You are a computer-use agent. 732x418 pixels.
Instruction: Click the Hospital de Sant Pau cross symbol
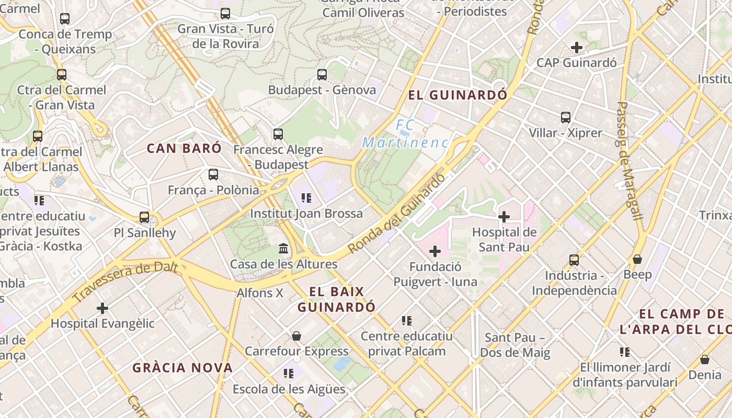504,216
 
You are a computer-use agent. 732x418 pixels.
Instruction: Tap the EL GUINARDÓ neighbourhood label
458,95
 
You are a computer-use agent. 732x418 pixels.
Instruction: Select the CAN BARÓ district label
184,148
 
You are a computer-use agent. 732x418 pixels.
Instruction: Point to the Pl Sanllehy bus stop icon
144,217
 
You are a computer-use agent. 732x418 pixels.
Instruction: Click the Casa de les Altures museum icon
283,248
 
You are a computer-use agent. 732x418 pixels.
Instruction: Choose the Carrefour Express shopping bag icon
296,335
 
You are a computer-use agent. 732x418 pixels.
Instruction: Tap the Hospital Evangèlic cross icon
102,308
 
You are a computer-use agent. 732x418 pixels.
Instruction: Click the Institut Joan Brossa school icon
306,198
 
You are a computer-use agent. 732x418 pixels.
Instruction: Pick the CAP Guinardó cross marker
577,48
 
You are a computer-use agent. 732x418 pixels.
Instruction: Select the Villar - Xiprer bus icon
565,118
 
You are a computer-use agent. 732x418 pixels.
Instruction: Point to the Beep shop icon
637,259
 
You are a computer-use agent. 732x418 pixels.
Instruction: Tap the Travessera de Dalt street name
125,282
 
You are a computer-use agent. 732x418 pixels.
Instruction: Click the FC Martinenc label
405,134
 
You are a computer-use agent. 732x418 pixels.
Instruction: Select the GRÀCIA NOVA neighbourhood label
182,368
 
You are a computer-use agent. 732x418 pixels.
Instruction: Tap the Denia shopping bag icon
705,359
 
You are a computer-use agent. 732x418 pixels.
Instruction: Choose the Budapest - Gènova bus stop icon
322,75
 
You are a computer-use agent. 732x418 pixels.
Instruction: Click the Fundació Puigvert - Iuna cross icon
435,252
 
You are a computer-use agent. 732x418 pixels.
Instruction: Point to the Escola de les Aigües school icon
289,374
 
